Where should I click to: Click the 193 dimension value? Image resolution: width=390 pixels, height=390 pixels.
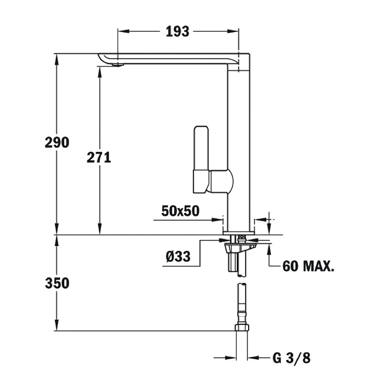[x=177, y=31]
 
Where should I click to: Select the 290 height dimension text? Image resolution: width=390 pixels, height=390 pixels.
[x=57, y=142]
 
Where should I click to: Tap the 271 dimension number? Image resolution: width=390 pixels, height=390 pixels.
[x=99, y=158]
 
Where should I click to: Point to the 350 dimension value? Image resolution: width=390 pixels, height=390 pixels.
[x=57, y=284]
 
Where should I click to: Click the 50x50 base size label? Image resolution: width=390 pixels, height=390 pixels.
[x=180, y=211]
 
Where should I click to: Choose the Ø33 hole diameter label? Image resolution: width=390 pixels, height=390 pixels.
[x=178, y=256]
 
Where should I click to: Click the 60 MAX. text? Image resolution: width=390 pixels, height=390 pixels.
[x=308, y=267]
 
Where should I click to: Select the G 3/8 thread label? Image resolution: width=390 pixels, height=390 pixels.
[x=291, y=358]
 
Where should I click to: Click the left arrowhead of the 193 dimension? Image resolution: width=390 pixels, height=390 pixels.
[x=121, y=31]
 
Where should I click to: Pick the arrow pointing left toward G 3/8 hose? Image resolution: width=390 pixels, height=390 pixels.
[x=252, y=357]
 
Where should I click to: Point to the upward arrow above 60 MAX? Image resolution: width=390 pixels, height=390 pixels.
[x=269, y=249]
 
